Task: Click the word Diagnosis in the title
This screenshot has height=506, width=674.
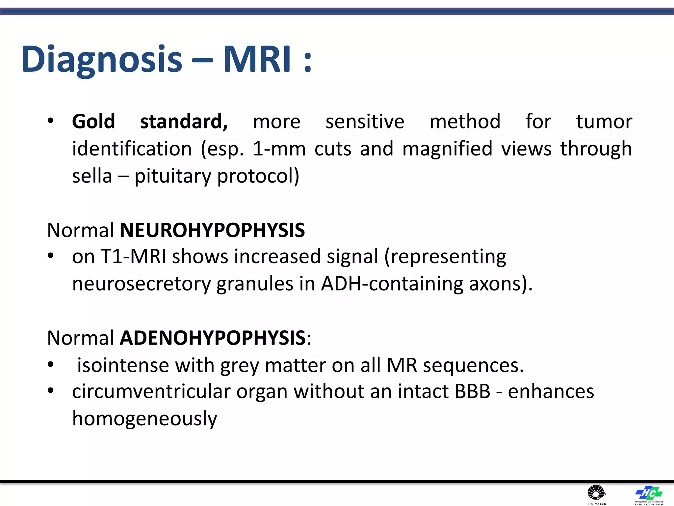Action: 101,60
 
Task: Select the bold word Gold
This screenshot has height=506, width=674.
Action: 93,122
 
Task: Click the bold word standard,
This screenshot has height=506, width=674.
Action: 184,122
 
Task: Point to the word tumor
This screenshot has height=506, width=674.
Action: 604,122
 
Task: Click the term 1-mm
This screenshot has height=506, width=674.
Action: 279,149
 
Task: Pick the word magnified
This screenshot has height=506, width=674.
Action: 447,149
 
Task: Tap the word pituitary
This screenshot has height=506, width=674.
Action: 172,176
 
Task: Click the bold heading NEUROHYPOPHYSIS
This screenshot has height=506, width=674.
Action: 212,230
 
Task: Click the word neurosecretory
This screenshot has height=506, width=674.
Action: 141,284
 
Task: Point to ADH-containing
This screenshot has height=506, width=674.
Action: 392,284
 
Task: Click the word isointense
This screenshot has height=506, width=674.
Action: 123,365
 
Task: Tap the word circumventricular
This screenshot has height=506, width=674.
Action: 151,392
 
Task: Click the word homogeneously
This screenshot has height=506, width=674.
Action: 144,419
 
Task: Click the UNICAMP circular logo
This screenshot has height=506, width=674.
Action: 596,493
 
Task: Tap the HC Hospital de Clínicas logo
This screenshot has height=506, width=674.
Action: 649,493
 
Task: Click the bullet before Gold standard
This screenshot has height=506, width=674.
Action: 50,121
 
